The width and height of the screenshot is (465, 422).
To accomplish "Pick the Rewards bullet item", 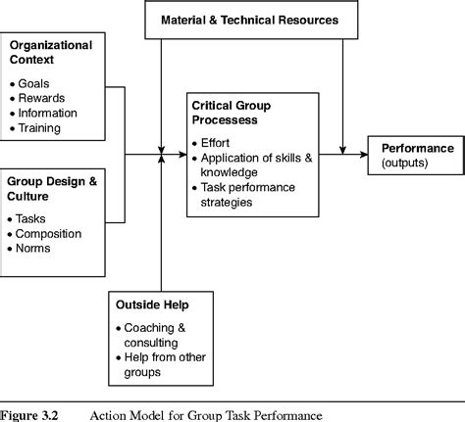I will (x=44, y=98).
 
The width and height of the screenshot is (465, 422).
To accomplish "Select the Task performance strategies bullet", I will (x=240, y=195).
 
